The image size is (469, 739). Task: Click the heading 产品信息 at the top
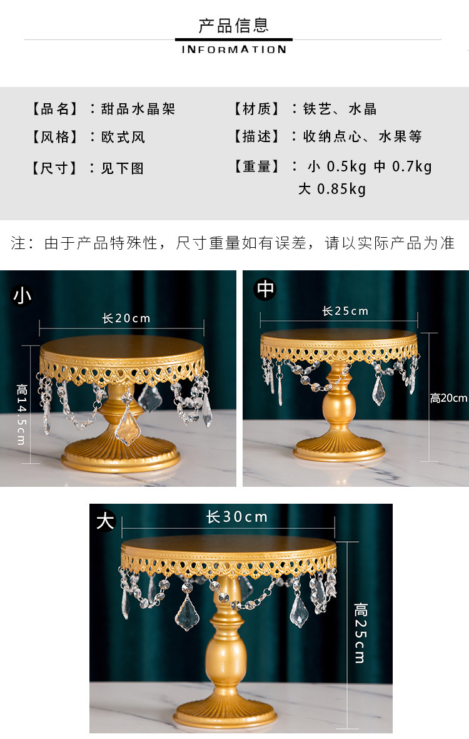pos(234,26)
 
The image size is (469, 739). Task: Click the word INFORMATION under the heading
pos(234,49)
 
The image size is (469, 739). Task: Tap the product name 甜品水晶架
pos(138,109)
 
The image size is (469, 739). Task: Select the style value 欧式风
pos(123,137)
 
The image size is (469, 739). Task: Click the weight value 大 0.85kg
pos(332,189)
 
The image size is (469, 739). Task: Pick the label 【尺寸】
pos(54,168)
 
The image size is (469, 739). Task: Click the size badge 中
pos(266,289)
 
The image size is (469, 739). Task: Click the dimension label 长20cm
pos(126,319)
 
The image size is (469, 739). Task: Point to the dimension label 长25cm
pos(345,311)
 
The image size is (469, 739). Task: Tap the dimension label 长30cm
pos(237,517)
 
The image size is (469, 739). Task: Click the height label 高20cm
pos(448,398)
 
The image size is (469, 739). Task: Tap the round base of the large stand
pos(224,713)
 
